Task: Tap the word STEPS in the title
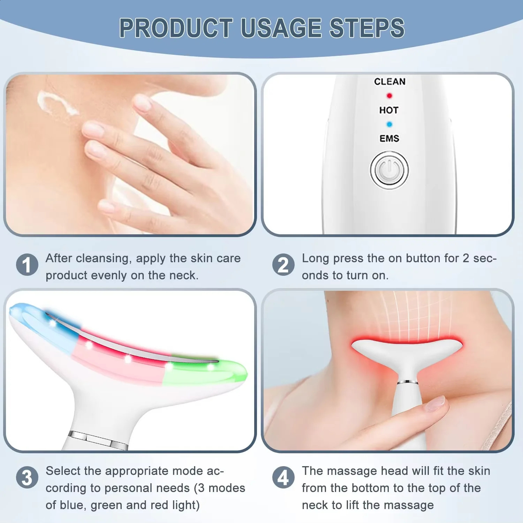tap(367, 28)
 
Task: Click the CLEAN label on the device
tap(390, 82)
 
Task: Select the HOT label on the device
tap(389, 110)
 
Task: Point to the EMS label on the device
tap(389, 138)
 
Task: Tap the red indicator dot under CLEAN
tap(389, 96)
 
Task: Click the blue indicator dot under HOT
tap(389, 124)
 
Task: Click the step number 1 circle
tap(27, 265)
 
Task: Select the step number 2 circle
tap(283, 265)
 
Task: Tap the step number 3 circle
tap(27, 477)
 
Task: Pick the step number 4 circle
tap(283, 477)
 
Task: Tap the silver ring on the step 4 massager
tap(408, 382)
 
